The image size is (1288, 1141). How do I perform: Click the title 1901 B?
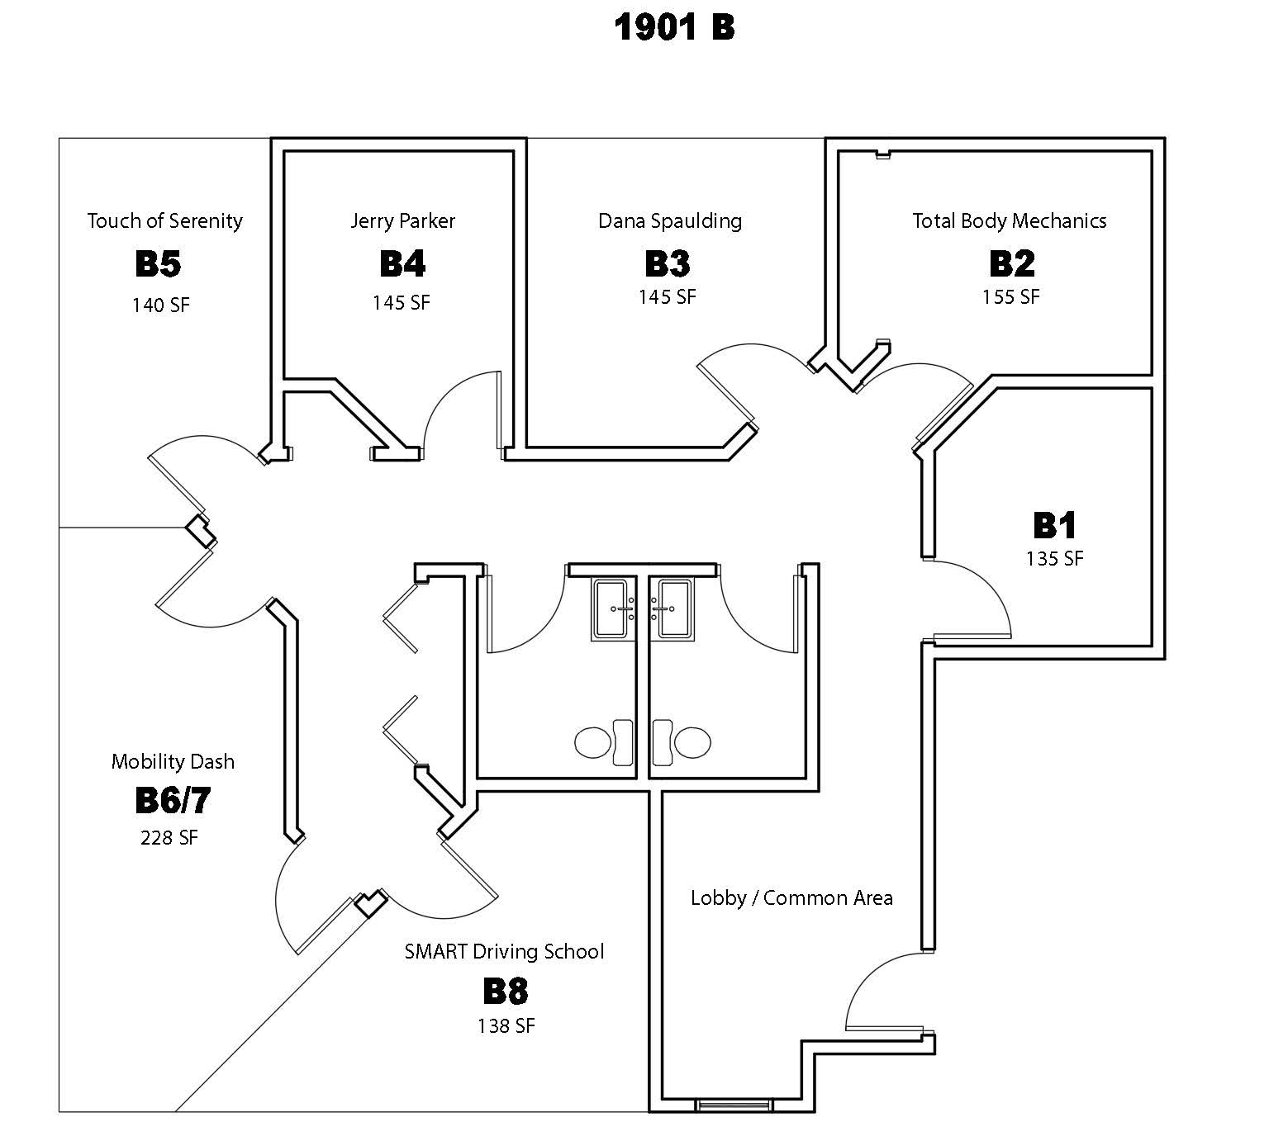pos(674,27)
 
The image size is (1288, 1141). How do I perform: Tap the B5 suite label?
pos(158,264)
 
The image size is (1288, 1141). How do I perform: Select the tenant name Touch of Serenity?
pos(165,221)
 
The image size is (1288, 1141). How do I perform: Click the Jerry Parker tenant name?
pos(402,221)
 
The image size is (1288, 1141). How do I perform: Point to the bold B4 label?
pos(402,264)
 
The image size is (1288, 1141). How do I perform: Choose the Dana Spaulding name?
pos(670,221)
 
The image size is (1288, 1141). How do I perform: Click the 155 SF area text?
pos(1010,296)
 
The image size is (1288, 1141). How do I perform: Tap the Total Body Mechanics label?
pos(1010,221)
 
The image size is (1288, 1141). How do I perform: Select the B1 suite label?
pos(1055,525)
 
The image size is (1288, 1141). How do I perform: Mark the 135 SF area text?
pos(1055,559)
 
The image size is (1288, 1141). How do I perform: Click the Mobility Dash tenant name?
pos(173,762)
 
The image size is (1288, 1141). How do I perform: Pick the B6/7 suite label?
pos(173,800)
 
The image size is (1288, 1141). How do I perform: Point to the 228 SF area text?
pos(169,838)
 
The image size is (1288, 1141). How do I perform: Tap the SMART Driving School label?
pos(504,952)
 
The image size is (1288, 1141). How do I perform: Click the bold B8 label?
pos(505,991)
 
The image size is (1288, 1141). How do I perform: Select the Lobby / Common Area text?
pos(791,898)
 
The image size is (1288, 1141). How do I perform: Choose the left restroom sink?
pos(614,609)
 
